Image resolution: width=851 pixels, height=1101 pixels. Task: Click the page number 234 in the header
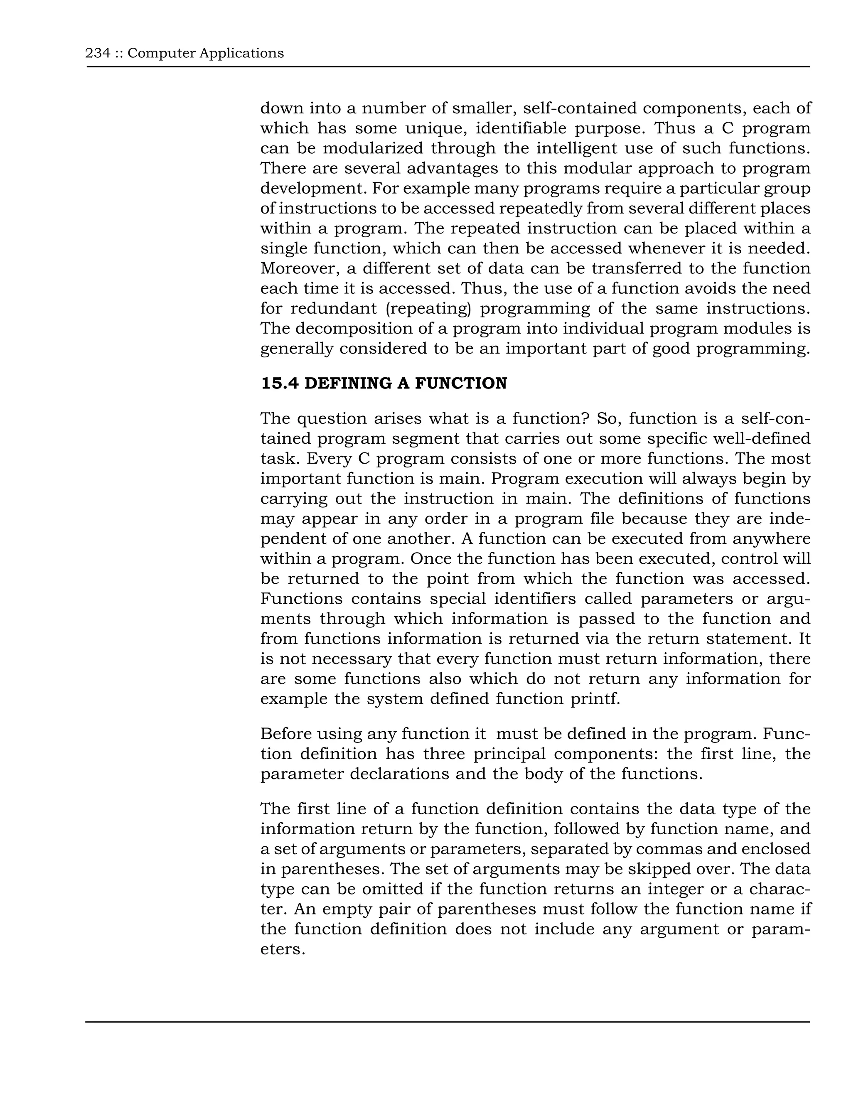[x=98, y=53]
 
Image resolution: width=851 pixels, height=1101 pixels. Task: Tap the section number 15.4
[x=279, y=383]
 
